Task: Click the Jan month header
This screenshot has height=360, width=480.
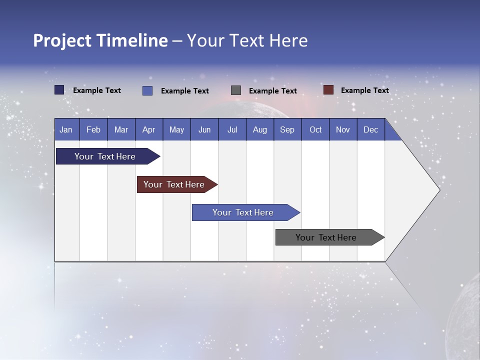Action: click(x=66, y=129)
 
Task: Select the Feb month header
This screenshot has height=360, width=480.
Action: click(x=93, y=129)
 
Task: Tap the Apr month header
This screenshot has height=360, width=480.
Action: click(x=148, y=129)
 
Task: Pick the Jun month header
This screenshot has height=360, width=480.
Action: click(x=204, y=129)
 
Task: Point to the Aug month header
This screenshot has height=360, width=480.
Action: click(x=260, y=129)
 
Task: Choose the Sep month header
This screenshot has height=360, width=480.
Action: click(x=287, y=129)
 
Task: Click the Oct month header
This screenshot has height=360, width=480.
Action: click(x=315, y=129)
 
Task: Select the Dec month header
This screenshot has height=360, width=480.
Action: click(x=370, y=129)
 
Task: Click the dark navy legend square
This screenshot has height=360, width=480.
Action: click(x=59, y=90)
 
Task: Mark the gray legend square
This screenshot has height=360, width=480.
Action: click(x=236, y=90)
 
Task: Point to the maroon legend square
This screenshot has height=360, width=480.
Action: click(x=328, y=90)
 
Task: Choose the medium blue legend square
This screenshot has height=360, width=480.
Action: click(x=147, y=90)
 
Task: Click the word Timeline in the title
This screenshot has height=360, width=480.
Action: click(x=131, y=40)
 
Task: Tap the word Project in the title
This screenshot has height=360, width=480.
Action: click(x=62, y=40)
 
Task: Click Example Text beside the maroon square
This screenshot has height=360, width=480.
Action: click(x=364, y=90)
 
